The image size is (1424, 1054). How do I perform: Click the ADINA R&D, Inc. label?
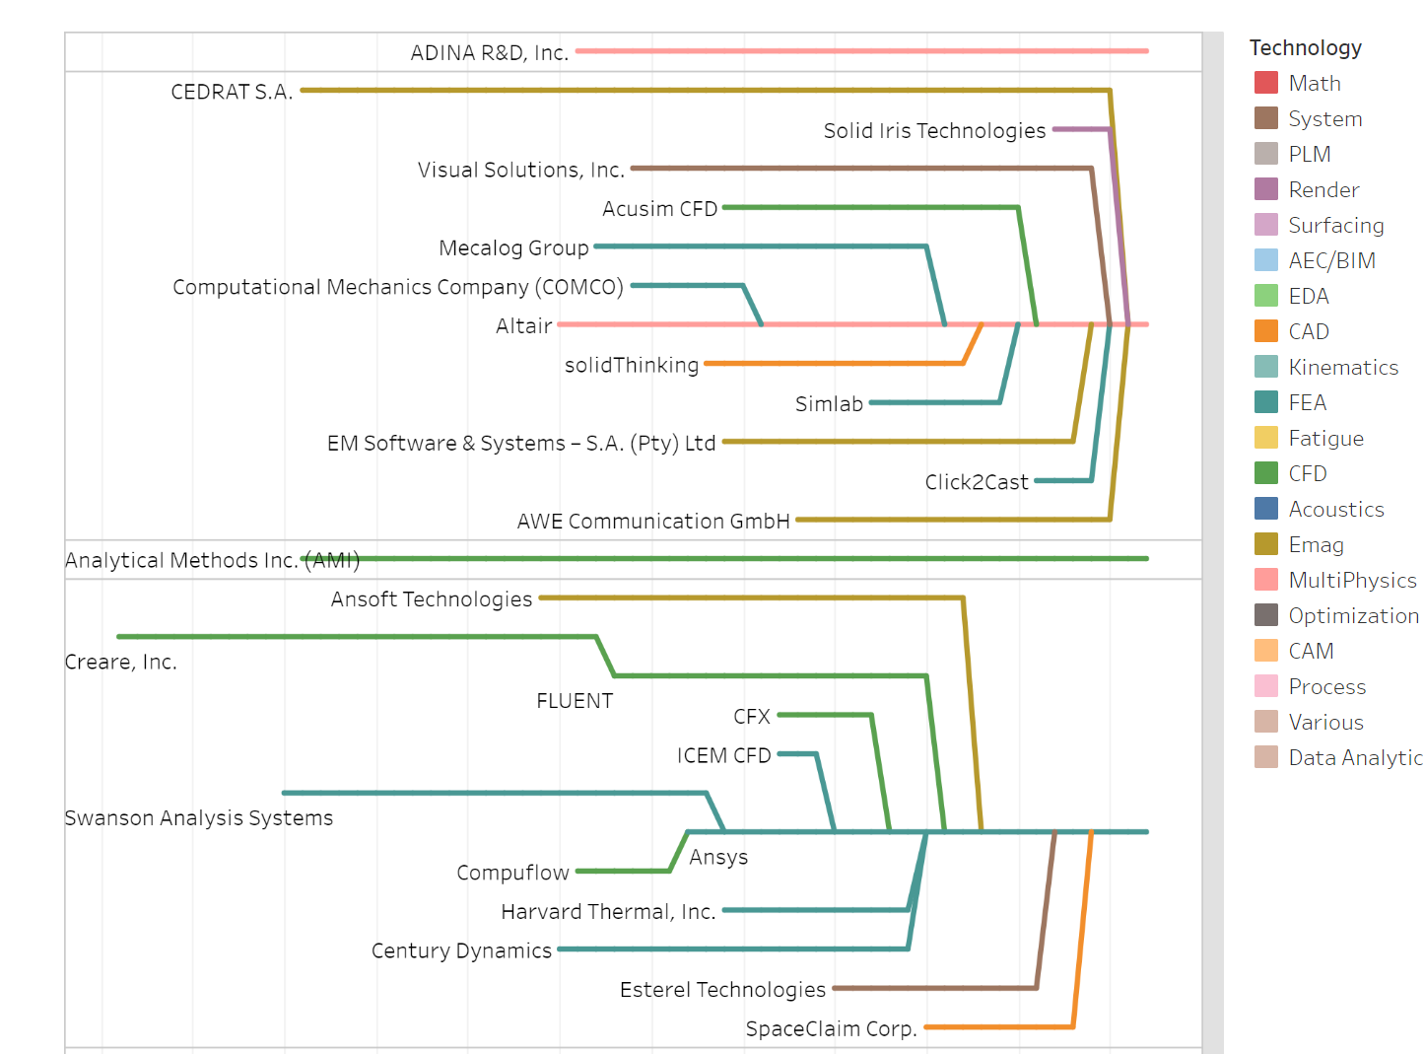point(489,52)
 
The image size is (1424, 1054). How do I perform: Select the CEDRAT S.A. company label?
point(232,92)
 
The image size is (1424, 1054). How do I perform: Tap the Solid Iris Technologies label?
point(934,130)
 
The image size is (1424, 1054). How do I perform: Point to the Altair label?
point(523,325)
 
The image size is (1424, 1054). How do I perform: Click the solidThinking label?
point(631,365)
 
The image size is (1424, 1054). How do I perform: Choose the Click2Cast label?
point(976,482)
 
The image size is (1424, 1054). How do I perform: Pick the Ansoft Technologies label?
point(431,599)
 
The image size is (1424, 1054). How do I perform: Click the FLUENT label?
point(575,701)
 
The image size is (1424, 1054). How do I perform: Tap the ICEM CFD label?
point(723,755)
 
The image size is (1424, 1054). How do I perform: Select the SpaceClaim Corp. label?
point(831,1029)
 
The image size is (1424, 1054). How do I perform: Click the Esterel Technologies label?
point(722,990)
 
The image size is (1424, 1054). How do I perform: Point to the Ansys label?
point(718,857)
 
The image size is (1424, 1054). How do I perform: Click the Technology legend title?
point(1305,47)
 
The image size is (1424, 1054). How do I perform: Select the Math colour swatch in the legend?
point(1265,83)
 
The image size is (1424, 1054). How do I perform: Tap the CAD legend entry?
point(1308,331)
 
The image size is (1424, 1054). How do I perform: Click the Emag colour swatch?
point(1265,544)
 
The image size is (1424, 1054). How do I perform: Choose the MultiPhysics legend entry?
point(1351,580)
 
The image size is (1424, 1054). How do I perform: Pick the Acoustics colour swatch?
point(1265,509)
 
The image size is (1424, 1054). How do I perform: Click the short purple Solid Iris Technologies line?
point(1080,129)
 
